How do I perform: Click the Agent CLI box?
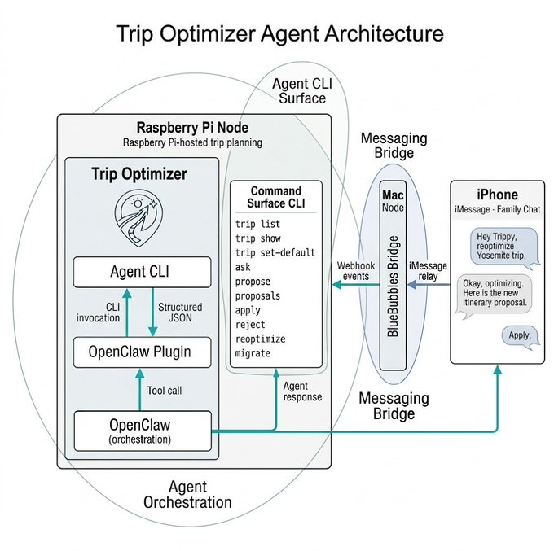pos(143,272)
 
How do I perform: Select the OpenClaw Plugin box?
pos(143,352)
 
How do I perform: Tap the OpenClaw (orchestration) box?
pos(143,431)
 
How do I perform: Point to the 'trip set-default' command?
pos(275,252)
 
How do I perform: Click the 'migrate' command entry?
pos(253,353)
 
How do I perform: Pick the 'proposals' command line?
pos(260,295)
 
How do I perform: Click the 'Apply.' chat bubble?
pos(519,335)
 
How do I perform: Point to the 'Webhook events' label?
pos(356,271)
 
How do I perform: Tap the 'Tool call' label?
pos(164,391)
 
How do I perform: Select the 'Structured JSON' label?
pos(180,313)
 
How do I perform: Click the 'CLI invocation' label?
pos(102,313)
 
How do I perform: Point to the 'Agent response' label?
pos(302,391)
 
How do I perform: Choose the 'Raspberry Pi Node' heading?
pos(192,128)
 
